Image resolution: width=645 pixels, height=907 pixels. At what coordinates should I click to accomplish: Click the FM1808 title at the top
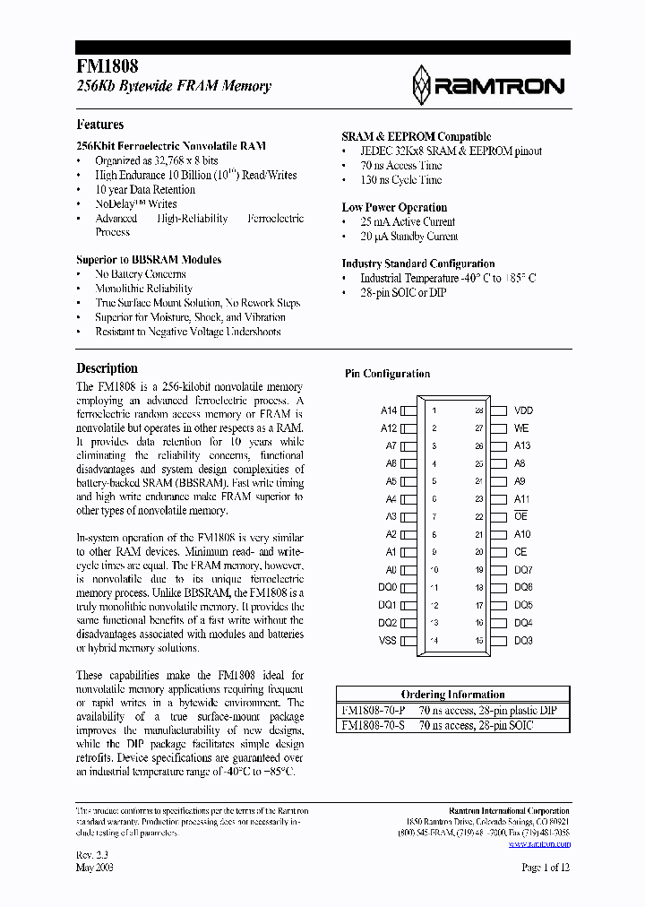point(107,66)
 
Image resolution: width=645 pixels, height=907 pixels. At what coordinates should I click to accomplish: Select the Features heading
point(99,125)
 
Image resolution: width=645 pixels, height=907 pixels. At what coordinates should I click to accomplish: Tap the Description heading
point(107,368)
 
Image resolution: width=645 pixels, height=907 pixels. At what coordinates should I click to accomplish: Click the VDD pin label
point(523,410)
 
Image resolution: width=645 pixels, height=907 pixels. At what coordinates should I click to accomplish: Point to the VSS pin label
point(387,641)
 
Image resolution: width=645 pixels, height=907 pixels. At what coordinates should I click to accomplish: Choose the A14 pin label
point(388,410)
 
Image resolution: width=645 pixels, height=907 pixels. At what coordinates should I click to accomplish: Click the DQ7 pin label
point(523,570)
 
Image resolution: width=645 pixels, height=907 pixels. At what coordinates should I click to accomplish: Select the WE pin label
point(521,428)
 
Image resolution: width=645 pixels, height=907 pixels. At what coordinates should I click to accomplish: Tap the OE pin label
point(520,516)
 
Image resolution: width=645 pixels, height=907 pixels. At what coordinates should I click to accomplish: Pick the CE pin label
point(520,552)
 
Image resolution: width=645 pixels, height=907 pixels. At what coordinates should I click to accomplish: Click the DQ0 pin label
point(387,587)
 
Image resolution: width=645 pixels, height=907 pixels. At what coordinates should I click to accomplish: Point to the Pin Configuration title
point(387,374)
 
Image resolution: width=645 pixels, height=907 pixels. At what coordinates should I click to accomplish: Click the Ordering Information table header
point(452,695)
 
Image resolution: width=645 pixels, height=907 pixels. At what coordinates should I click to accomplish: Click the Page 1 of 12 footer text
point(546,867)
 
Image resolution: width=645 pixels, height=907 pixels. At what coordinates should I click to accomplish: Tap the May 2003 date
point(95,867)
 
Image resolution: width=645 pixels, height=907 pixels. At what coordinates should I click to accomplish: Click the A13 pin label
point(522,445)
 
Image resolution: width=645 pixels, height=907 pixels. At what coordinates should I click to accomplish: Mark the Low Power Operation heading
point(394,207)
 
